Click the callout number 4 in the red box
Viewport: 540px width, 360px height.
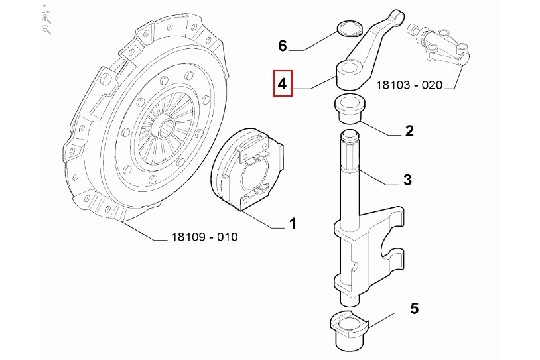(x=282, y=83)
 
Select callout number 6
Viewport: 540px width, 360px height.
(x=282, y=45)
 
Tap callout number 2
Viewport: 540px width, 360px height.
(x=409, y=131)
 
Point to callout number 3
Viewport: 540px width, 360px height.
(x=407, y=179)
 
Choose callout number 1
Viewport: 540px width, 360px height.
(x=292, y=224)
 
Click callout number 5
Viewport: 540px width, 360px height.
(x=415, y=308)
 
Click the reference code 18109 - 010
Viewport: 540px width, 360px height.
(x=204, y=237)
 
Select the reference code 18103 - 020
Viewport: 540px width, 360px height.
(x=409, y=84)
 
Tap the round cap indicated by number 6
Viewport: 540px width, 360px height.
(x=349, y=28)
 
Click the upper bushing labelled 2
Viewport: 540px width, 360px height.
(x=350, y=110)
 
